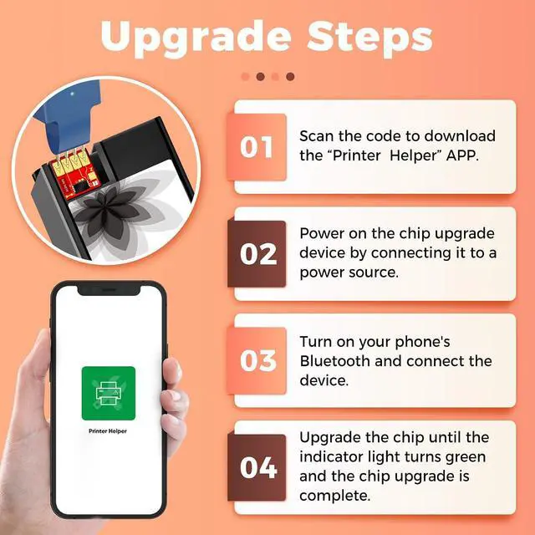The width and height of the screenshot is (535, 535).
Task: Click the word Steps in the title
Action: [x=369, y=36]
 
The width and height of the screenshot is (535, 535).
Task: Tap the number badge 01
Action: [x=257, y=147]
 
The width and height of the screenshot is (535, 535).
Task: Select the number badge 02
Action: [x=257, y=254]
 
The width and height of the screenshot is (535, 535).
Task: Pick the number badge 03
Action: [x=257, y=360]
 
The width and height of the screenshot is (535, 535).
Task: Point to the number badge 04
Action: [x=257, y=468]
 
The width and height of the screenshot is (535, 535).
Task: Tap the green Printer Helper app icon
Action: [x=109, y=393]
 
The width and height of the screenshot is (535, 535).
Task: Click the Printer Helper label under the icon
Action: [x=108, y=431]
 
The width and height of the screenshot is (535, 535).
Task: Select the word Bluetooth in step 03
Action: [x=334, y=361]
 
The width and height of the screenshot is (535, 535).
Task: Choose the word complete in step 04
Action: [x=334, y=496]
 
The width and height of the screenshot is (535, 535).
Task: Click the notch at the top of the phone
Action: [x=110, y=290]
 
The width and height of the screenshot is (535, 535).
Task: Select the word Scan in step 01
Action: [x=316, y=136]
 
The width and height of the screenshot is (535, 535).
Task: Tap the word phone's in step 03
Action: [x=423, y=342]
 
